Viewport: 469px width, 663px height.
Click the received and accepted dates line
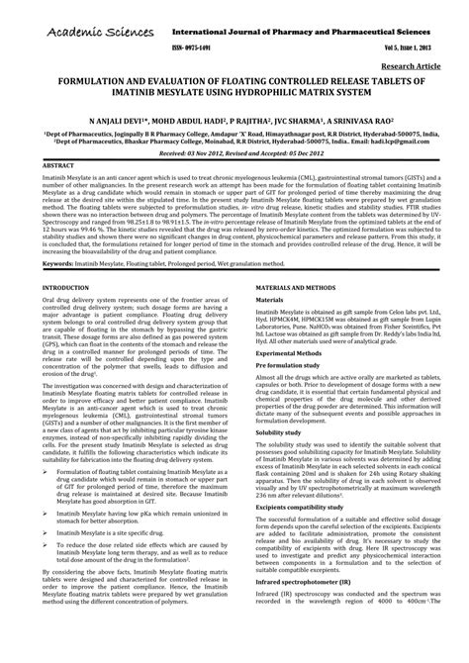point(234,154)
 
